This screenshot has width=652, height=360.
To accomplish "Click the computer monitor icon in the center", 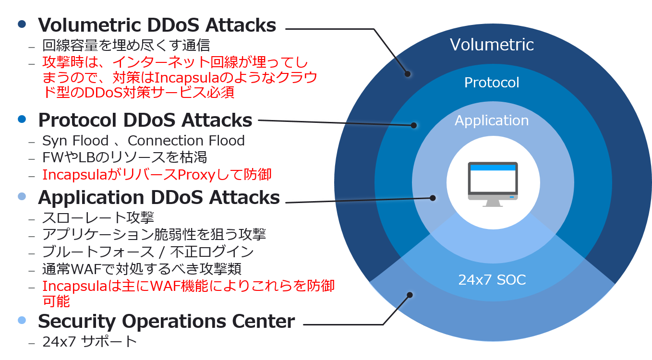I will [x=493, y=184].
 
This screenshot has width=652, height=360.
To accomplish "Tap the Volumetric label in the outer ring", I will [x=492, y=45].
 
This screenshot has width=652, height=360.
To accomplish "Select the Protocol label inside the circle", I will [x=492, y=83].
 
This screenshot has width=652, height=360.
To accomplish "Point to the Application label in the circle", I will [x=492, y=120].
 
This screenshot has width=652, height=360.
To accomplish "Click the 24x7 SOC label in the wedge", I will [x=492, y=280].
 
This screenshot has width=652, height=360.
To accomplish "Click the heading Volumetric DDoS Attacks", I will [x=157, y=25].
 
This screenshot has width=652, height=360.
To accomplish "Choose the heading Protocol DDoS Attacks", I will [x=145, y=120].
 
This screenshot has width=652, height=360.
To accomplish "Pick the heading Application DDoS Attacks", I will [x=158, y=197].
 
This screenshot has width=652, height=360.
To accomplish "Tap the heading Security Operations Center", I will [x=166, y=321].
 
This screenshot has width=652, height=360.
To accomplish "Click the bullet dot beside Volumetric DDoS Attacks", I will [x=22, y=24].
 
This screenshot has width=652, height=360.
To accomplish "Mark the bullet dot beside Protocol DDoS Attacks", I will [x=22, y=120].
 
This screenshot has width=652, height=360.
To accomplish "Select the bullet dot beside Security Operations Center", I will [x=22, y=320].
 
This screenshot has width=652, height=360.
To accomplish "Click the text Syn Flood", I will [x=75, y=141].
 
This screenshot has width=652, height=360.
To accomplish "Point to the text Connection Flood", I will [x=186, y=141].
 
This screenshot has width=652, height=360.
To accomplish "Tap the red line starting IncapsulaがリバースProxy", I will [x=157, y=175].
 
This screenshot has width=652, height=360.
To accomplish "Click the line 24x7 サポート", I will [x=90, y=342].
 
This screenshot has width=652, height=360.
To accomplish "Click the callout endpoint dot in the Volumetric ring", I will [x=408, y=74].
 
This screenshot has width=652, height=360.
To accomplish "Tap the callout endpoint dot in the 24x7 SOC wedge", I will [x=410, y=295].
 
